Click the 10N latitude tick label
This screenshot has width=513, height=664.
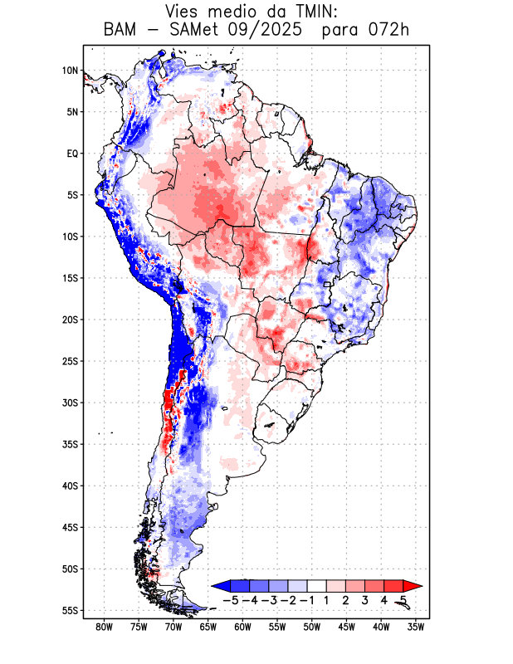tap(70, 71)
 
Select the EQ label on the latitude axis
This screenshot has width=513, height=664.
tap(72, 154)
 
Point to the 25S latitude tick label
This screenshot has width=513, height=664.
tap(70, 361)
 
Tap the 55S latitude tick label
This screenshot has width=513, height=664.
tap(70, 610)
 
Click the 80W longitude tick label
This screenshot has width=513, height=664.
tap(104, 627)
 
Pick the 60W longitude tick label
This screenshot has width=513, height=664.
tap(242, 627)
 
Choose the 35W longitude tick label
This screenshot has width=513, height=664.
tap(416, 627)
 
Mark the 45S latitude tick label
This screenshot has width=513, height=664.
tap(70, 527)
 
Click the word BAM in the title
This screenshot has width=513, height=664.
tap(121, 31)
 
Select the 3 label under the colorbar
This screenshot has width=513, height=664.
tap(365, 599)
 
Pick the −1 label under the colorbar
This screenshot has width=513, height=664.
tap(307, 599)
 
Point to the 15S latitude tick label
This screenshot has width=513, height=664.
tap(70, 278)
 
